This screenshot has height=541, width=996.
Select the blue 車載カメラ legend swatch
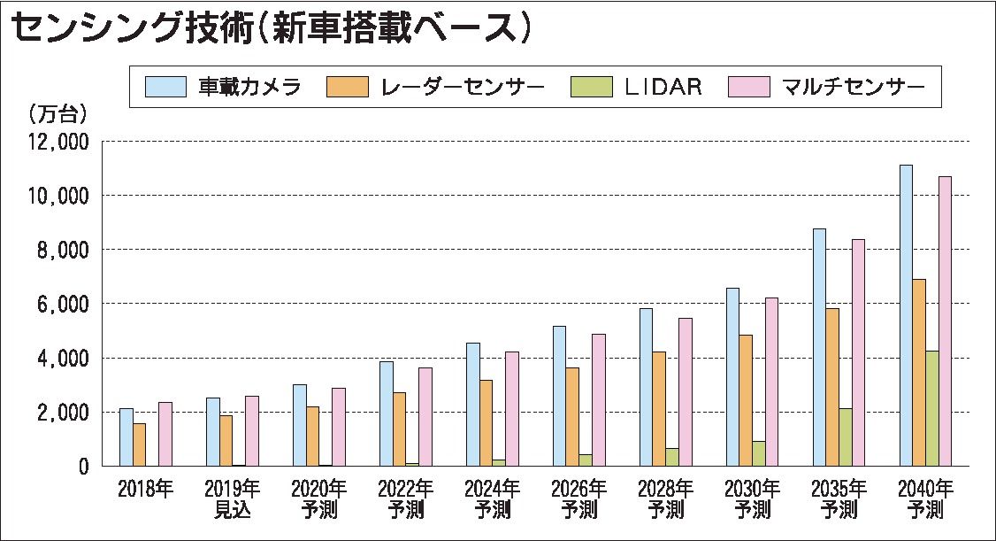[165, 87]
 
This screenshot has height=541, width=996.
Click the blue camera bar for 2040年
[906, 315]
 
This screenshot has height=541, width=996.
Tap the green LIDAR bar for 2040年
[932, 408]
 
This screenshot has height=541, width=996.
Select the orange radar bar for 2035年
[832, 387]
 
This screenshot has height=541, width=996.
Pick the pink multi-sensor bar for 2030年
[771, 382]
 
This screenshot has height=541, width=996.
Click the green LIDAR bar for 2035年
[846, 437]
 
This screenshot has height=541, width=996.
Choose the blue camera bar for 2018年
[126, 437]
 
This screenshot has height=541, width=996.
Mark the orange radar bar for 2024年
[486, 422]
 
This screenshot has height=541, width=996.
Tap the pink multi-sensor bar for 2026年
[598, 399]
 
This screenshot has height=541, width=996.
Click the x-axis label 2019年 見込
[233, 498]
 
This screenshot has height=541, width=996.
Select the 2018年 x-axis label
[146, 488]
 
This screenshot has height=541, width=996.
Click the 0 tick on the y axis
[84, 467]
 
